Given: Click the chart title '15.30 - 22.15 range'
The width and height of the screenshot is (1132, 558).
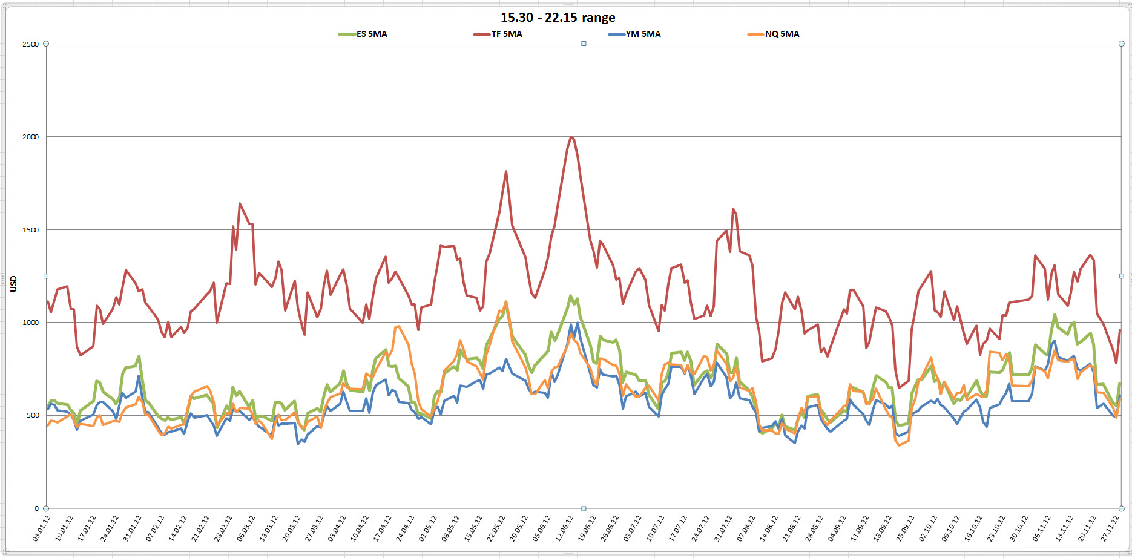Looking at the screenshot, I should click(558, 18).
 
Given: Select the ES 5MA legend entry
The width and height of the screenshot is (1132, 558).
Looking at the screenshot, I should click(371, 34).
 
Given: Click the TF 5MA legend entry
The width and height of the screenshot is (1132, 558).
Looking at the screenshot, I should click(506, 34).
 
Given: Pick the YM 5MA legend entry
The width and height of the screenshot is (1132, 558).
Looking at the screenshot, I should click(643, 34).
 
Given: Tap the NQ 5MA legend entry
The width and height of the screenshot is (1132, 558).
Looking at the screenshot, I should click(782, 34).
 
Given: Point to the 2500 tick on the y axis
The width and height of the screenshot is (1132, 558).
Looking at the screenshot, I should click(30, 44).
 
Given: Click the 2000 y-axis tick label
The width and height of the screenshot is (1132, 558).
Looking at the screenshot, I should click(30, 137).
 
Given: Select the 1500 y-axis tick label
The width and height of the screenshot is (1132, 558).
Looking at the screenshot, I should click(30, 230).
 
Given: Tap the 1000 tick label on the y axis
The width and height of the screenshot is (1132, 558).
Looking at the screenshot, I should click(30, 323).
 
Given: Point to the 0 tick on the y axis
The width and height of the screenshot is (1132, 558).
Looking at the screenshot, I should click(36, 508).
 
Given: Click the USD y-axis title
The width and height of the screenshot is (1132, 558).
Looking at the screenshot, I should click(13, 284).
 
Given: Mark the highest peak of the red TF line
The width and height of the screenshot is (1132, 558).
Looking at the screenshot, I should click(571, 137).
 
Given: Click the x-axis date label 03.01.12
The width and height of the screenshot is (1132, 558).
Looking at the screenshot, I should click(41, 528).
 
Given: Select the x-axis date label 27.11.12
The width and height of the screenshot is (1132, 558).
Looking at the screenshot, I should click(1110, 528).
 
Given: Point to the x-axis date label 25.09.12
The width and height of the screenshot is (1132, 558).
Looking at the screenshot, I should click(905, 528).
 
